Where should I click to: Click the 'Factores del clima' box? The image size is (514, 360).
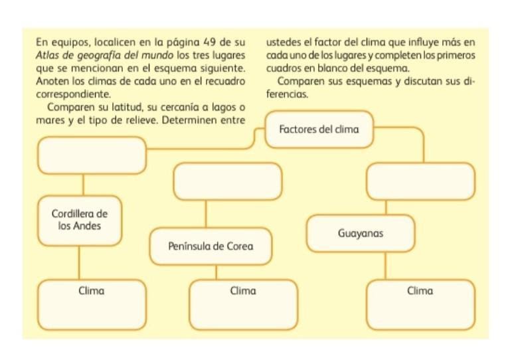(x=319, y=129)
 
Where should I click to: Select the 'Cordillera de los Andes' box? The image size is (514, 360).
(x=80, y=220)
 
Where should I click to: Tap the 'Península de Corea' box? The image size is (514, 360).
(x=211, y=246)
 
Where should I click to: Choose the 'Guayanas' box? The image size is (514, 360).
(x=360, y=234)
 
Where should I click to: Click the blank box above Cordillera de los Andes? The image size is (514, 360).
(x=92, y=155)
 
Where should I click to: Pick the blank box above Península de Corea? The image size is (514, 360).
(x=228, y=181)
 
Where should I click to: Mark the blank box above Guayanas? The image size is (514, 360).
(x=420, y=181)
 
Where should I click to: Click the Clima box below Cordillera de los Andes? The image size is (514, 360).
(x=92, y=304)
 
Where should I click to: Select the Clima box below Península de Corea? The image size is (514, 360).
(x=243, y=304)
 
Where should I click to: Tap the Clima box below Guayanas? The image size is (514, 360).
(x=420, y=304)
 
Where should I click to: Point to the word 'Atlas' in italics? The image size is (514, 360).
(x=49, y=55)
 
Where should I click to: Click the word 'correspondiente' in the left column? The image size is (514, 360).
(x=72, y=95)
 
